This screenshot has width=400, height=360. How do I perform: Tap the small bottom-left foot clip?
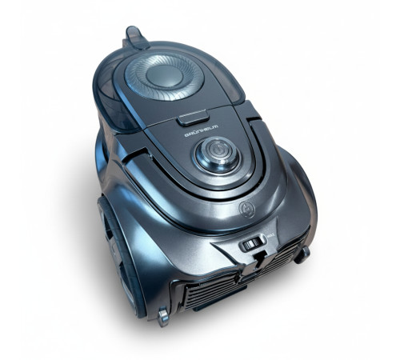[x=163, y=318]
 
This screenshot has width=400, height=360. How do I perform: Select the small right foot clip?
[x=303, y=254]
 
